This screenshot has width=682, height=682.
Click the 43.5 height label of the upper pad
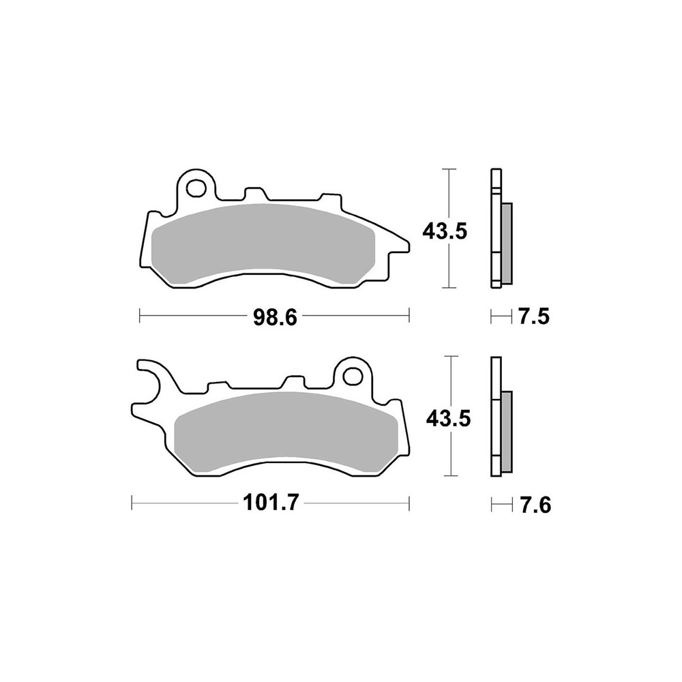point(445,231)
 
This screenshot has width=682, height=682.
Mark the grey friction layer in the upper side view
point(507,244)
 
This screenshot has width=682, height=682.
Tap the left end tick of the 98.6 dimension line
point(140,316)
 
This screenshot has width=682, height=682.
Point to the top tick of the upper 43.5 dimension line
point(448,168)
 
